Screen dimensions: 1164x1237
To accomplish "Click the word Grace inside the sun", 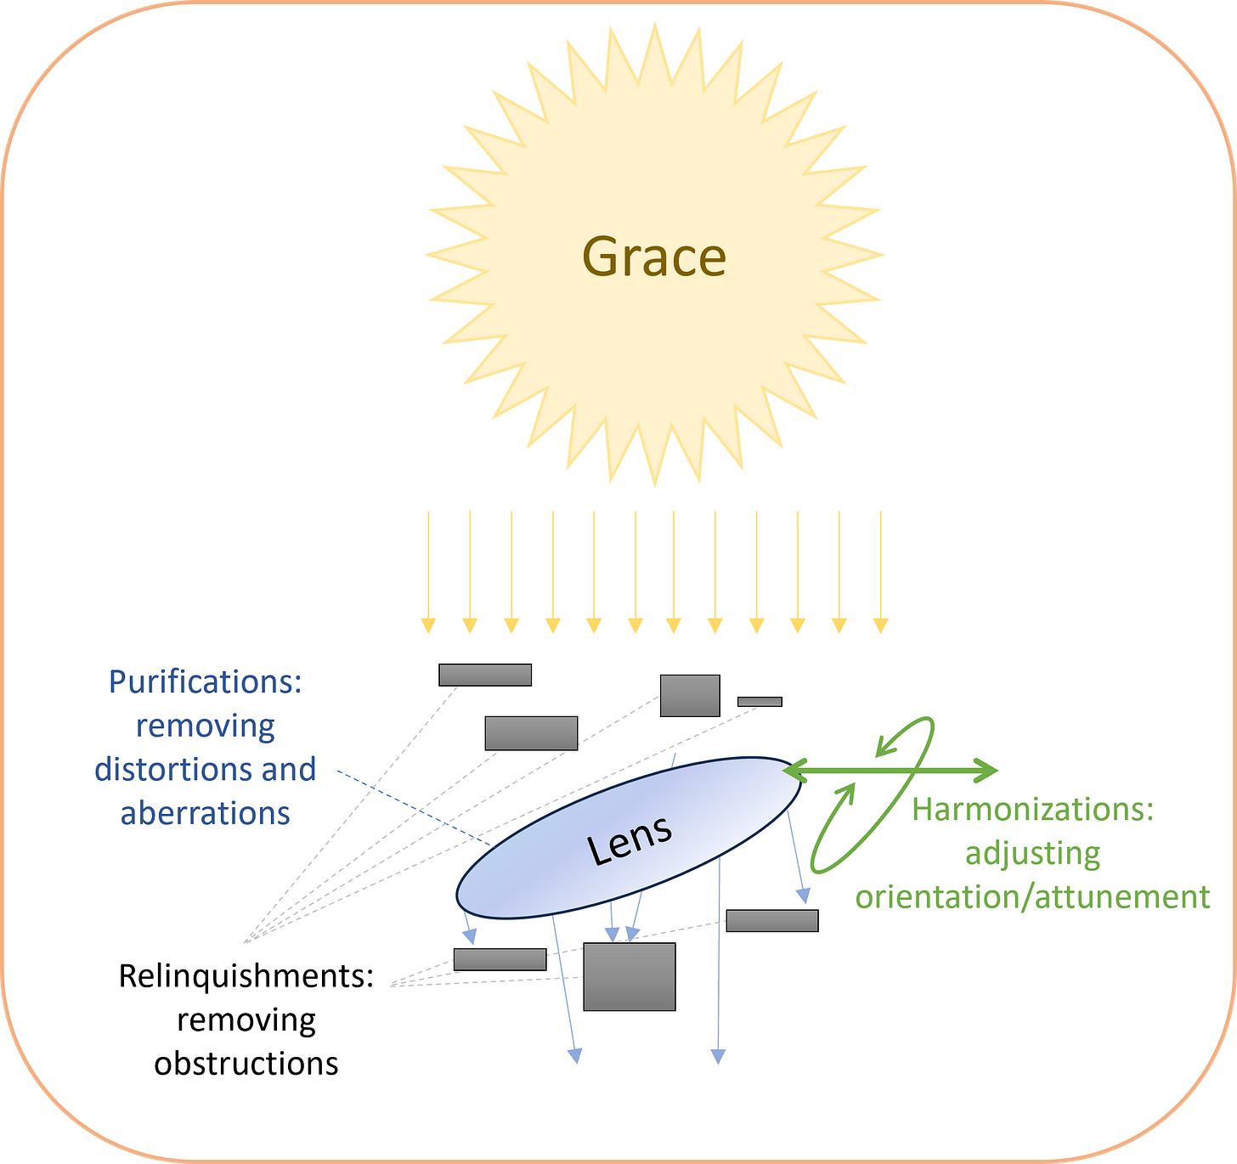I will (x=654, y=257).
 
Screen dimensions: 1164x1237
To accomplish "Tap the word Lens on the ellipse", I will (x=630, y=839).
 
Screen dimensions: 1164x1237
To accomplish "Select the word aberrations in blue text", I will (x=205, y=814).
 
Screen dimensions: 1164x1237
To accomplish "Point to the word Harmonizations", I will (x=1031, y=810).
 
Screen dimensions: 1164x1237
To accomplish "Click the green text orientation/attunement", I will (x=1032, y=897).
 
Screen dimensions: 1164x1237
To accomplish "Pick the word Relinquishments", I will (x=246, y=976).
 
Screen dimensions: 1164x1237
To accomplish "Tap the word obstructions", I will (x=246, y=1064).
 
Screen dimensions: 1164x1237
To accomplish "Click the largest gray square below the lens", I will (x=629, y=976).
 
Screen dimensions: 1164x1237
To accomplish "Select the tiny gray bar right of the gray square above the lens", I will (x=760, y=702).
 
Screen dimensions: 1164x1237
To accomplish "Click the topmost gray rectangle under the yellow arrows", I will (x=485, y=675).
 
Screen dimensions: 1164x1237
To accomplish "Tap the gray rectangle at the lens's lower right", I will (x=771, y=921).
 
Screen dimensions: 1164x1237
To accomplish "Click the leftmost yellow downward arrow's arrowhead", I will (x=428, y=627).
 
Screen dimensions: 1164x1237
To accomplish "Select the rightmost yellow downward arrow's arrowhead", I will (x=880, y=627).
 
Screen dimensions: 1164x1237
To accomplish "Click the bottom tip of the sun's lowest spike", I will (x=654, y=485).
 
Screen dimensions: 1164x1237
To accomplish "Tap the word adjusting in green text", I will (x=1032, y=853).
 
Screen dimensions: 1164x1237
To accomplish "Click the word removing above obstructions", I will (x=246, y=1020).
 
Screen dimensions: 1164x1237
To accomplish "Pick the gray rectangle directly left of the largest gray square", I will (x=500, y=959).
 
